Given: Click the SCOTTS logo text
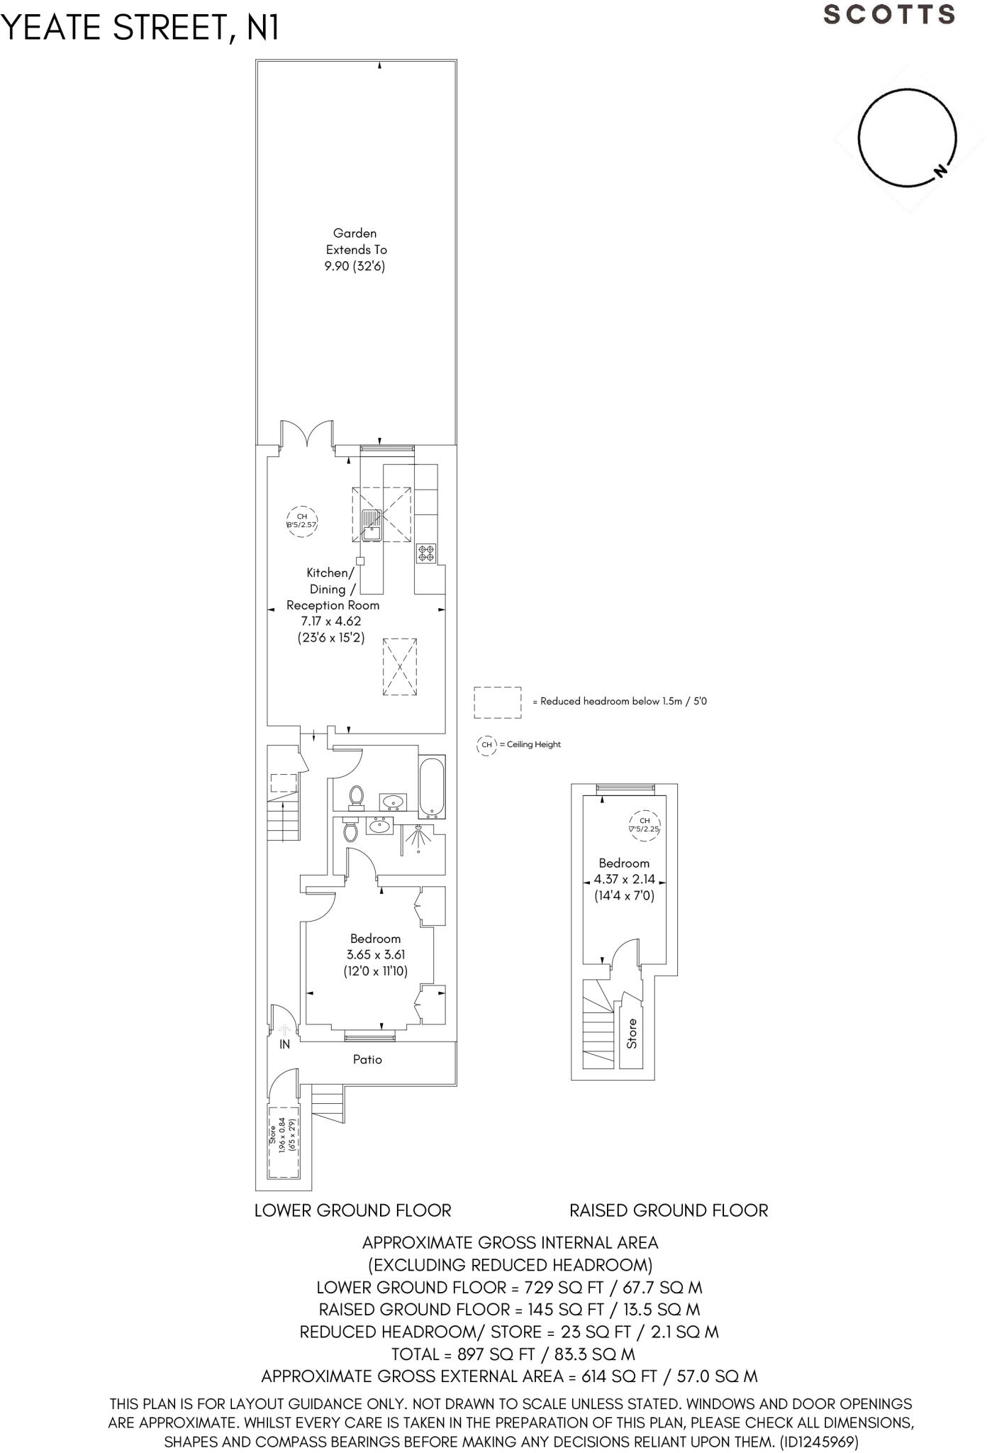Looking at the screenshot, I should click(x=889, y=15).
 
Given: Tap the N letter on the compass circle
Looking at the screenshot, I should click(x=940, y=170).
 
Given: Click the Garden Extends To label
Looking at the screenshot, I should click(x=355, y=249).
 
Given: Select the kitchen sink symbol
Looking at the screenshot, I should click(x=372, y=525).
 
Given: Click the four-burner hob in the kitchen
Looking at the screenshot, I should click(x=426, y=553).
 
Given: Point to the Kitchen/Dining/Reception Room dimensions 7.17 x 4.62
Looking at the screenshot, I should click(x=331, y=621).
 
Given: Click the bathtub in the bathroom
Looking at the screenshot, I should click(x=431, y=788).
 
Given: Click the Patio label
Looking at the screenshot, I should click(x=367, y=1059).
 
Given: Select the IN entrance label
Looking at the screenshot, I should click(x=284, y=1044).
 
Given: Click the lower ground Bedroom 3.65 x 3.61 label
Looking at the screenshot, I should click(x=376, y=955).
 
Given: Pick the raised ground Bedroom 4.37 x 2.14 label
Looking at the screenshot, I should click(x=624, y=879).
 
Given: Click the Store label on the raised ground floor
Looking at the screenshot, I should click(x=632, y=1034).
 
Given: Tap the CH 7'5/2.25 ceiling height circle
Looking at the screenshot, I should click(x=644, y=825).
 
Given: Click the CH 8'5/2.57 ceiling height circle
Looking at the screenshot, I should click(x=301, y=521).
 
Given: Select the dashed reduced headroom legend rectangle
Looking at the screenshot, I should click(x=498, y=702).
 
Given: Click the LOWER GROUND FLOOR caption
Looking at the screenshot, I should click(x=352, y=1210).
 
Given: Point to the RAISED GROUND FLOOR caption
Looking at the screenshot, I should click(x=669, y=1210).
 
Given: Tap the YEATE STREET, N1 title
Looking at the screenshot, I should click(x=140, y=28).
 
